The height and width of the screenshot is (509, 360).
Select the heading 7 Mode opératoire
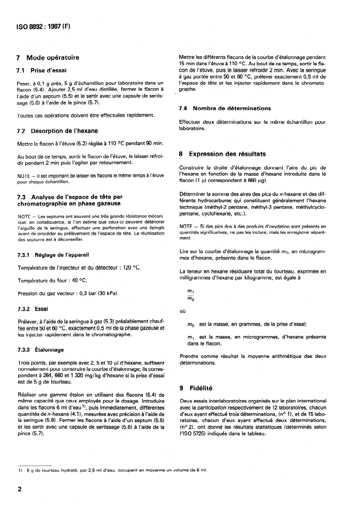[48, 58]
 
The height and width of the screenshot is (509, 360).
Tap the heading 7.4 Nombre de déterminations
[225, 109]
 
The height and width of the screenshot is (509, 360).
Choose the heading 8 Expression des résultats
[222, 153]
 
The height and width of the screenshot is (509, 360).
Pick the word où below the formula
[183, 311]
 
